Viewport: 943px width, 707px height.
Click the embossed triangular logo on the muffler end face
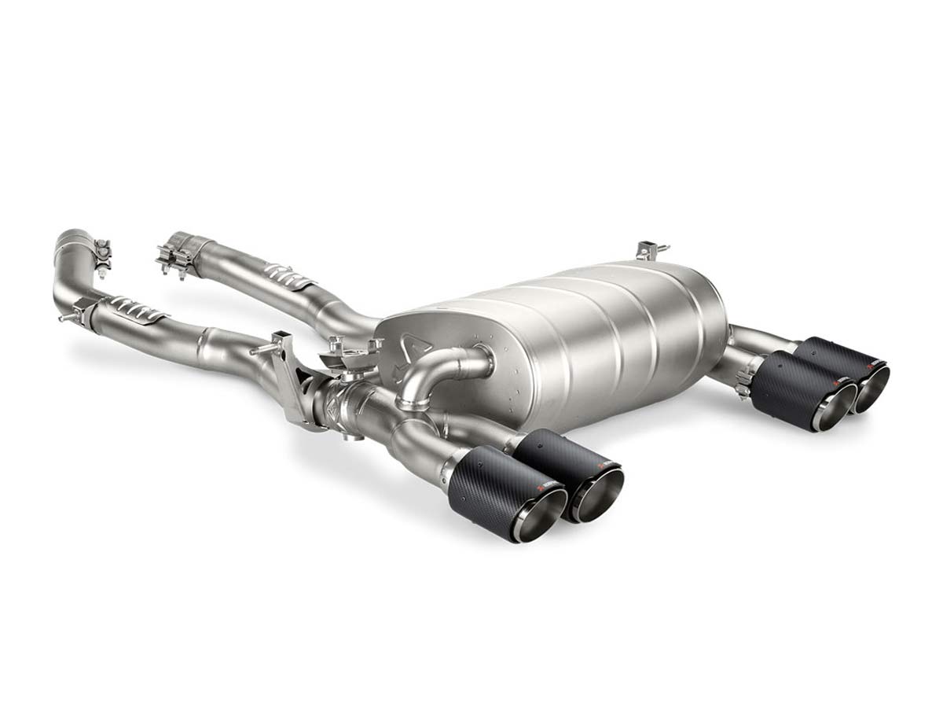pos(409,341)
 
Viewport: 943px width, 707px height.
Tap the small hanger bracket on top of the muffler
pos(652,250)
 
